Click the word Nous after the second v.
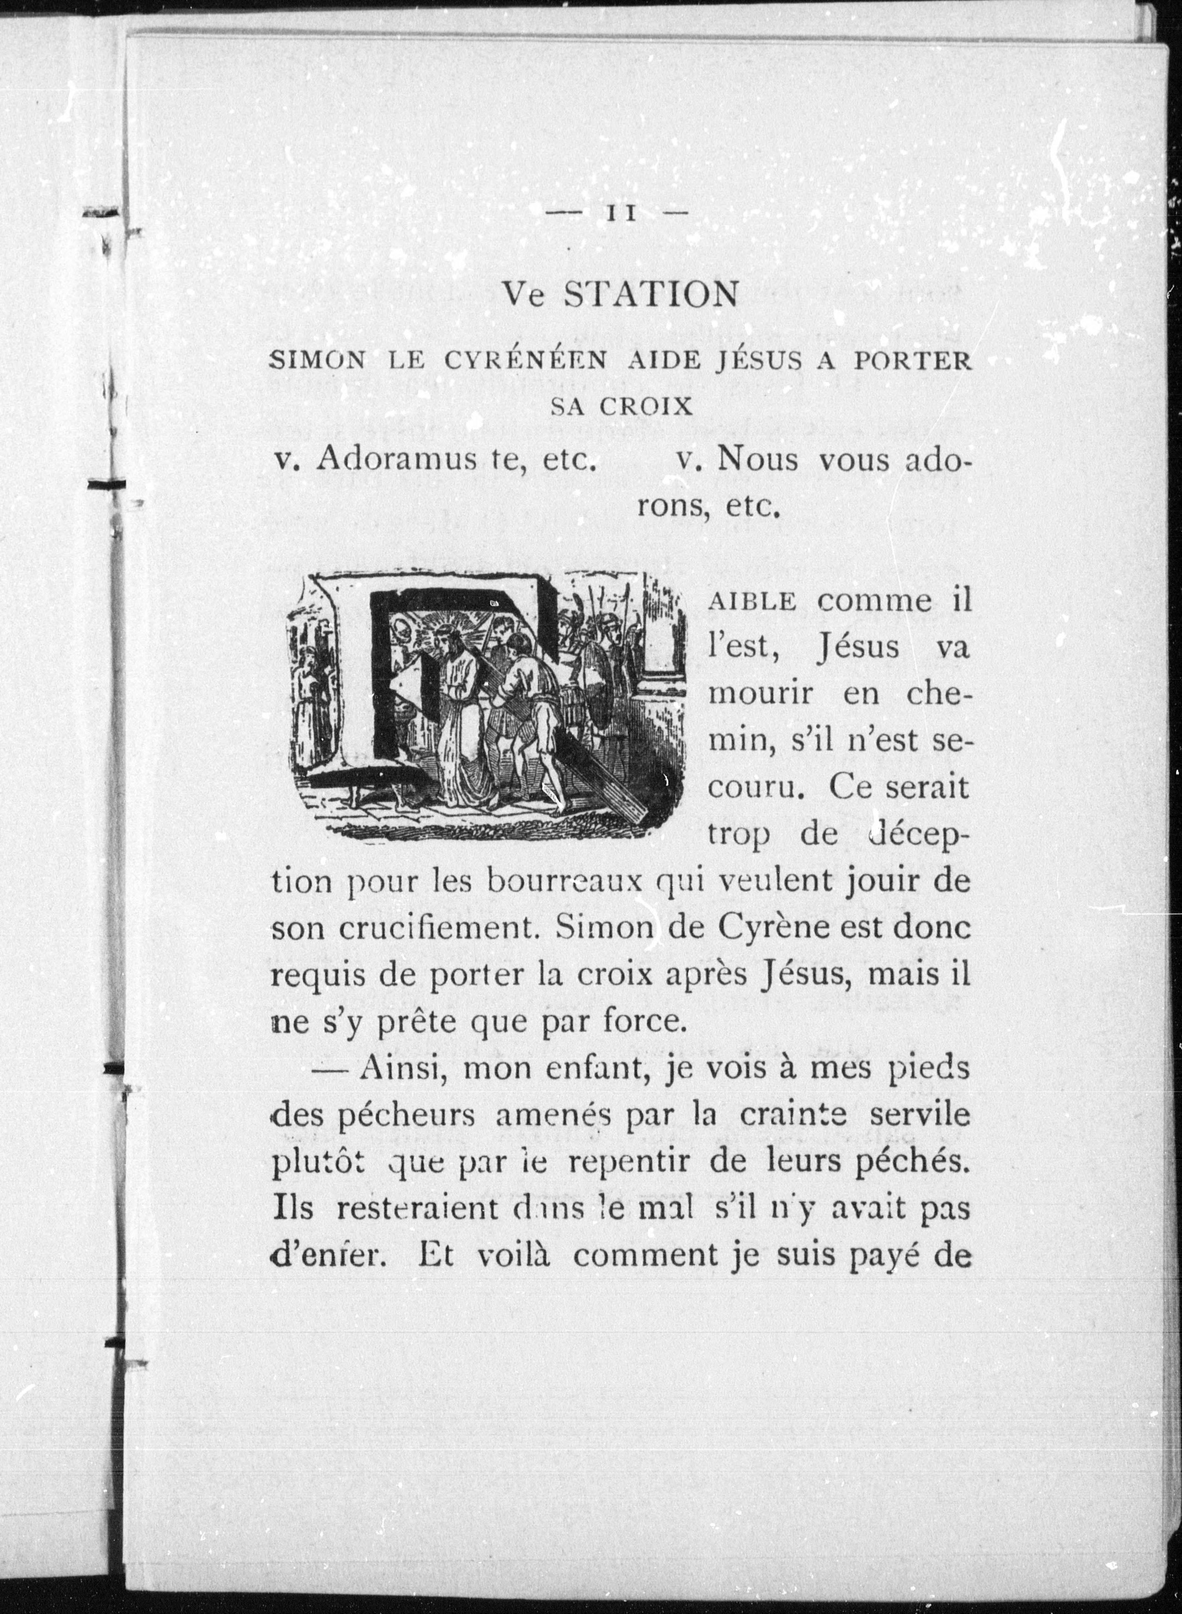pyautogui.click(x=757, y=458)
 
